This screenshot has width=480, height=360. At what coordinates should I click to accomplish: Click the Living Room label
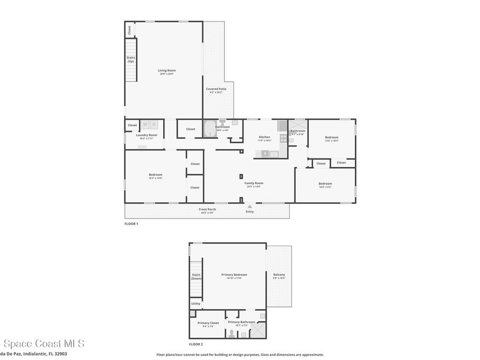[166, 71]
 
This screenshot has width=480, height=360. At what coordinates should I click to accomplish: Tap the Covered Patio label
[216, 89]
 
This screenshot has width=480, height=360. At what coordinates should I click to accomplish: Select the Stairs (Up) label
[131, 60]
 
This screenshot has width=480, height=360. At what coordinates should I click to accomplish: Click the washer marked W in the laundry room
[145, 125]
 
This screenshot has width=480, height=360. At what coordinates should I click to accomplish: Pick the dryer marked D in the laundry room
[154, 125]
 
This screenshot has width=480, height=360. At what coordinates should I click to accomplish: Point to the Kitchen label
[264, 137]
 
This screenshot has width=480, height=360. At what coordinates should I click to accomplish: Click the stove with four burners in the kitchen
[283, 138]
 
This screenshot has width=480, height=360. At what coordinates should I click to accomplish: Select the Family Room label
[254, 183]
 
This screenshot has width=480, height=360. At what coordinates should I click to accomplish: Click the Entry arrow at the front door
[250, 206]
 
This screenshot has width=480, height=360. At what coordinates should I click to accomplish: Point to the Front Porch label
[207, 209]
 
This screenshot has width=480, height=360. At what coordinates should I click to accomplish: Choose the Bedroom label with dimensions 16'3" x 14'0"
[155, 175]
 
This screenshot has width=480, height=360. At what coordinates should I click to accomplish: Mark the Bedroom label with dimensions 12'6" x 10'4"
[331, 137]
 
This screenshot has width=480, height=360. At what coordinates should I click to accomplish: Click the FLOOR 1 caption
[131, 224]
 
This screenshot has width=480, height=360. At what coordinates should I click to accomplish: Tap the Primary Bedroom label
[234, 275]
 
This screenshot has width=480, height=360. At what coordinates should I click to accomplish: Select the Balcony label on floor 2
[279, 275]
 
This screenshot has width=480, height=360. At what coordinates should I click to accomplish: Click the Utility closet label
[195, 304]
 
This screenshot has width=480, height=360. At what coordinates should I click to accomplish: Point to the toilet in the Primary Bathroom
[231, 334]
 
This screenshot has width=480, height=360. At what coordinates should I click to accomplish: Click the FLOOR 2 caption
[196, 345]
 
